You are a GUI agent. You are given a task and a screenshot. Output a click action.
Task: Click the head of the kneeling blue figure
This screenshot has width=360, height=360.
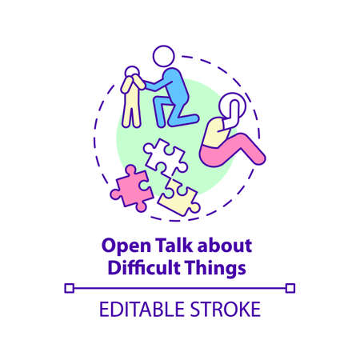(x=163, y=58)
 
